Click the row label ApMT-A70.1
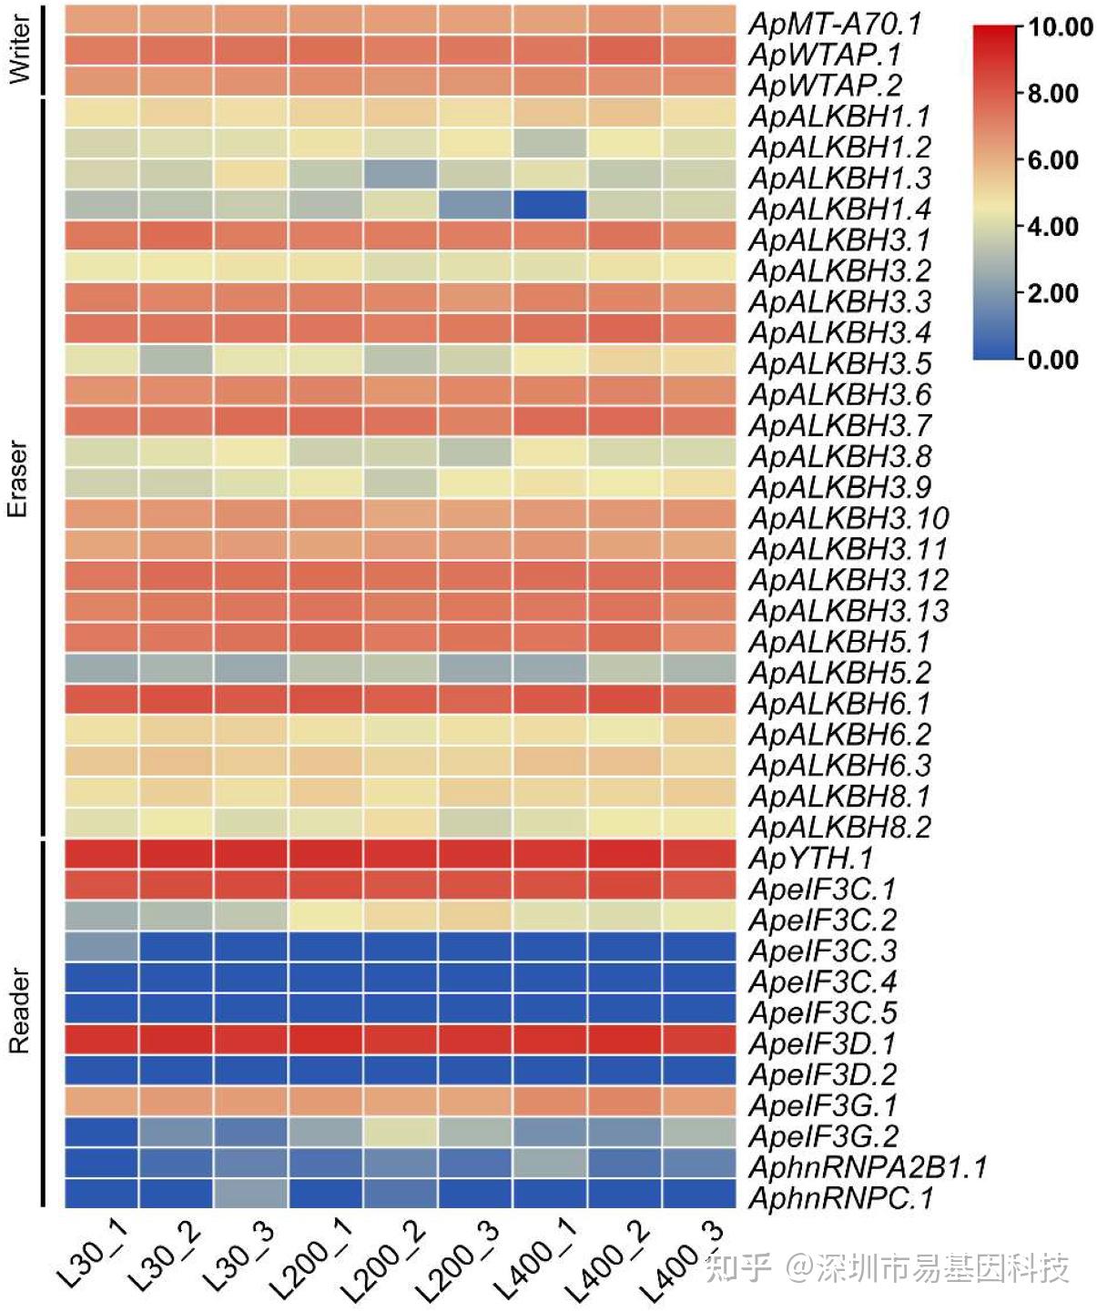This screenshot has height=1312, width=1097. (x=835, y=24)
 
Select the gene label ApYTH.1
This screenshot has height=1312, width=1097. (x=810, y=858)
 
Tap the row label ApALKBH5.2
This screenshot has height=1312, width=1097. (x=839, y=673)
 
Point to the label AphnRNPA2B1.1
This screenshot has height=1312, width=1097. (x=868, y=1167)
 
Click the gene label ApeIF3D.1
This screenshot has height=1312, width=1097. (x=822, y=1043)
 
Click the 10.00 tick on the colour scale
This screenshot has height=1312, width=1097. (x=1061, y=27)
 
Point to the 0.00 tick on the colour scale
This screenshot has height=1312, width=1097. (x=1053, y=360)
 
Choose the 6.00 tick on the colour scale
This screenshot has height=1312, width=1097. (x=1053, y=160)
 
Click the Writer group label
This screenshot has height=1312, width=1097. (x=19, y=50)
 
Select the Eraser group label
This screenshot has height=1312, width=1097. (x=17, y=480)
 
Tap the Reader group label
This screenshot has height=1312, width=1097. (x=19, y=1011)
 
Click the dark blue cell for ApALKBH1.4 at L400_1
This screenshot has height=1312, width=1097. (x=549, y=205)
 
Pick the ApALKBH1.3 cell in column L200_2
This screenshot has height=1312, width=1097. (x=400, y=174)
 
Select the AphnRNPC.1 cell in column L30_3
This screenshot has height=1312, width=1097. (x=250, y=1193)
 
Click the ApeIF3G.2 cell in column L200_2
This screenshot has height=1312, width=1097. (x=400, y=1133)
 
